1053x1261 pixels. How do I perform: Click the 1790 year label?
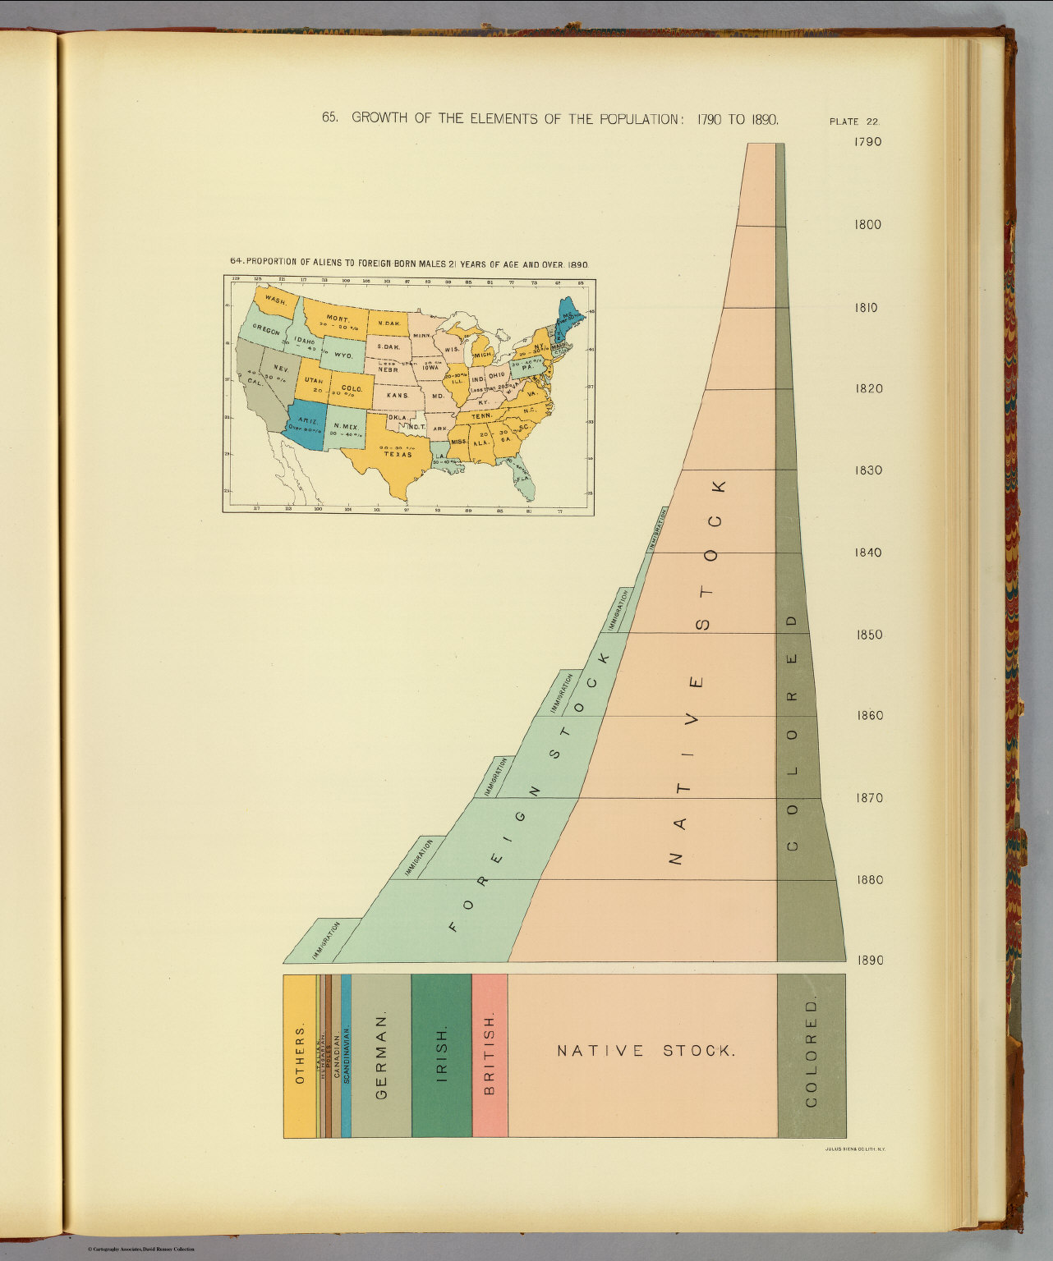pyautogui.click(x=867, y=142)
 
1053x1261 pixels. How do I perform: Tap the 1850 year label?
pyautogui.click(x=867, y=635)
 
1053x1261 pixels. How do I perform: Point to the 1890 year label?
pyautogui.click(x=867, y=961)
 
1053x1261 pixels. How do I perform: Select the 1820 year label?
pyautogui.click(x=867, y=389)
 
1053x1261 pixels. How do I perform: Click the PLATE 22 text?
pyautogui.click(x=855, y=122)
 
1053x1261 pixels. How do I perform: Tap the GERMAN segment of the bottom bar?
pyautogui.click(x=381, y=1056)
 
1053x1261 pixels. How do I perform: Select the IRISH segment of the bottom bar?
pyautogui.click(x=442, y=1056)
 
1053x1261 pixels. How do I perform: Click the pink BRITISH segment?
pyautogui.click(x=490, y=1056)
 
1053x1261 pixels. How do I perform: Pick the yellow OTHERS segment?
pyautogui.click(x=299, y=1056)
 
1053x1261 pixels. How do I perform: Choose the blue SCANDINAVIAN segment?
pyautogui.click(x=347, y=1056)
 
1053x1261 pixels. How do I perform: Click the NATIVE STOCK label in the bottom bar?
pyautogui.click(x=644, y=1051)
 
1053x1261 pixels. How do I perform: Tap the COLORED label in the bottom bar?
pyautogui.click(x=812, y=1053)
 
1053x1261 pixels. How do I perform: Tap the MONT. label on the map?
pyautogui.click(x=338, y=318)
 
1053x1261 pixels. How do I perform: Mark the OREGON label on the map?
pyautogui.click(x=266, y=330)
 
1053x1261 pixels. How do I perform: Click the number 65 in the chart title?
pyautogui.click(x=329, y=118)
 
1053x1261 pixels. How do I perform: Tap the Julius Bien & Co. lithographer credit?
pyautogui.click(x=853, y=1149)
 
